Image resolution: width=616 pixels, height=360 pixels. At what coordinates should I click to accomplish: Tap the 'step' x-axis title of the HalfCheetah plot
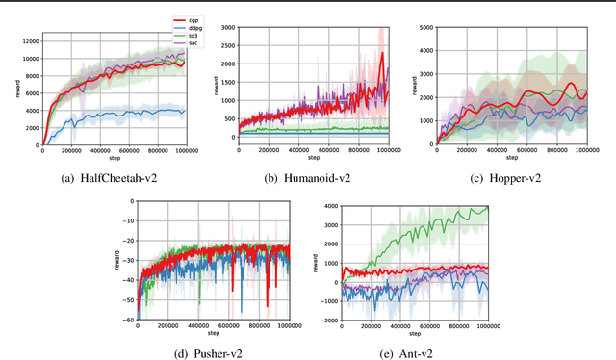pos(112,158)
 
